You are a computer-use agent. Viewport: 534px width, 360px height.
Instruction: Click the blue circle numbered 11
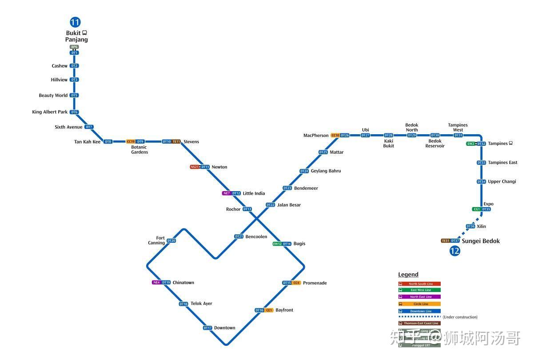point(75,22)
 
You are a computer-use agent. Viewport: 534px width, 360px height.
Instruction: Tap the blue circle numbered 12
point(454,251)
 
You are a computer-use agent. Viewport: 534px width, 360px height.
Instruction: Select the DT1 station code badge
point(74,53)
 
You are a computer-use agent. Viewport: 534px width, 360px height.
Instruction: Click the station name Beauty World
point(53,96)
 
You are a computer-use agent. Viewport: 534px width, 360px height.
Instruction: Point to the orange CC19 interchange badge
point(131,142)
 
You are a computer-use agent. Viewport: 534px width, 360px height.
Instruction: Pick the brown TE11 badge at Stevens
point(176,142)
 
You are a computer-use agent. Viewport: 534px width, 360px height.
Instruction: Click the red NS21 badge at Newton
point(195,167)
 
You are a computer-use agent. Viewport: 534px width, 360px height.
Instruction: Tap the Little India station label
point(254,193)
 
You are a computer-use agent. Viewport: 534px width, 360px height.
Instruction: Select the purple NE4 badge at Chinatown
point(156,283)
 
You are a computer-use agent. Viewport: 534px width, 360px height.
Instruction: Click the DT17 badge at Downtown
point(207,328)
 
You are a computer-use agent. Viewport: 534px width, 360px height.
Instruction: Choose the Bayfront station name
point(284,310)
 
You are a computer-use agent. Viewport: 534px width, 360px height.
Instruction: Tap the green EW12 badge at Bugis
point(277,244)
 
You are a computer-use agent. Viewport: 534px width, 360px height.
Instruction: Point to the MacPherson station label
point(316,136)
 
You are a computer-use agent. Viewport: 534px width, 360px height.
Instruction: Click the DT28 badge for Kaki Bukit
point(389,136)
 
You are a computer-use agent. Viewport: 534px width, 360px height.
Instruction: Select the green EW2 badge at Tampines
point(471,144)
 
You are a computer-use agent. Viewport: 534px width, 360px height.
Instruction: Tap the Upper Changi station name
point(502,182)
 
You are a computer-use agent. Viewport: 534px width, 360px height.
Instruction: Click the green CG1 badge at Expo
point(477,209)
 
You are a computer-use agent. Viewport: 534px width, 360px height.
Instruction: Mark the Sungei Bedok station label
point(481,241)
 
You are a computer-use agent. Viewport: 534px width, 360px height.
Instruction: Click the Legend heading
point(408,275)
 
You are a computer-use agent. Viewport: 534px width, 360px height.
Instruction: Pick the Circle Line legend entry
point(419,304)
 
